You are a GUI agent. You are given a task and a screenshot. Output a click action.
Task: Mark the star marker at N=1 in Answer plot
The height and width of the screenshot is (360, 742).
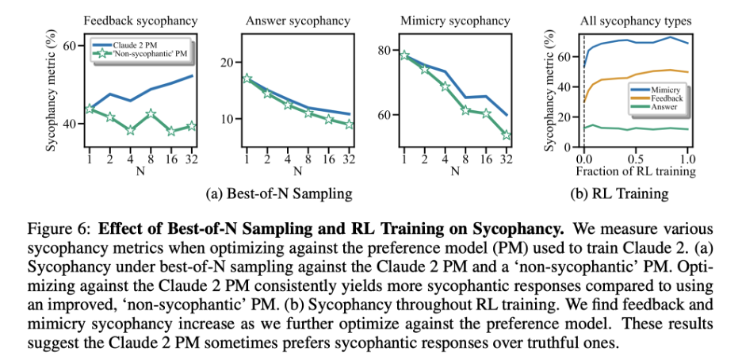pyautogui.click(x=247, y=79)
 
